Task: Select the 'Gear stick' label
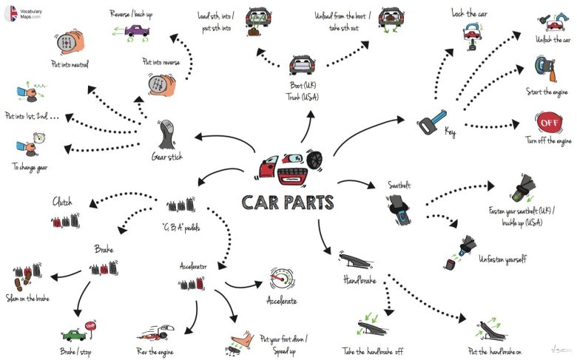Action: pos(168,157)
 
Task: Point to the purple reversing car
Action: pos(136,31)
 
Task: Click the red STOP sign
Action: pos(92,325)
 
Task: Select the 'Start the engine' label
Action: pos(546,92)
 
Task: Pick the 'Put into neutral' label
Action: pos(70,64)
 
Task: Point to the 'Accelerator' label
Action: pos(193,265)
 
